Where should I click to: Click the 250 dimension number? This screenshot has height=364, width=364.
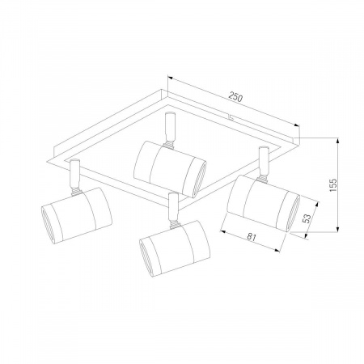click(235, 96)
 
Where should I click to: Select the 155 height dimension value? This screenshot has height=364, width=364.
click(333, 185)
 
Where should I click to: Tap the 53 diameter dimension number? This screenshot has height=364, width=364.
click(307, 218)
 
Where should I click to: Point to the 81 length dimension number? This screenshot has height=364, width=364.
click(252, 237)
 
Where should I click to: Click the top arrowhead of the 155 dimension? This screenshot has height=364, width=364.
click(337, 140)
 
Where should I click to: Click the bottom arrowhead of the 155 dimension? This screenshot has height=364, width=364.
click(337, 229)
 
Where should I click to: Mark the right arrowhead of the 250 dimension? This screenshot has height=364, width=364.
click(296, 125)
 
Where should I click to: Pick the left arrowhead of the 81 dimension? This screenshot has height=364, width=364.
click(223, 231)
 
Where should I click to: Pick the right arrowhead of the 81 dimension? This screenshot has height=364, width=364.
click(277, 251)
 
